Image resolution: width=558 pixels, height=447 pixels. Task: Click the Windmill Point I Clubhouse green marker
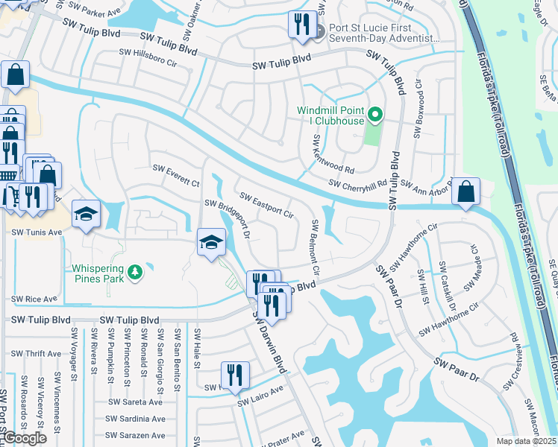point(376,115)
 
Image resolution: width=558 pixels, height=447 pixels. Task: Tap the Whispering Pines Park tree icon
point(135,273)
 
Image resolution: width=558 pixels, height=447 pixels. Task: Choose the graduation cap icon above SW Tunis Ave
point(87,215)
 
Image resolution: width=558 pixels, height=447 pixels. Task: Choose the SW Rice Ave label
point(34,299)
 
